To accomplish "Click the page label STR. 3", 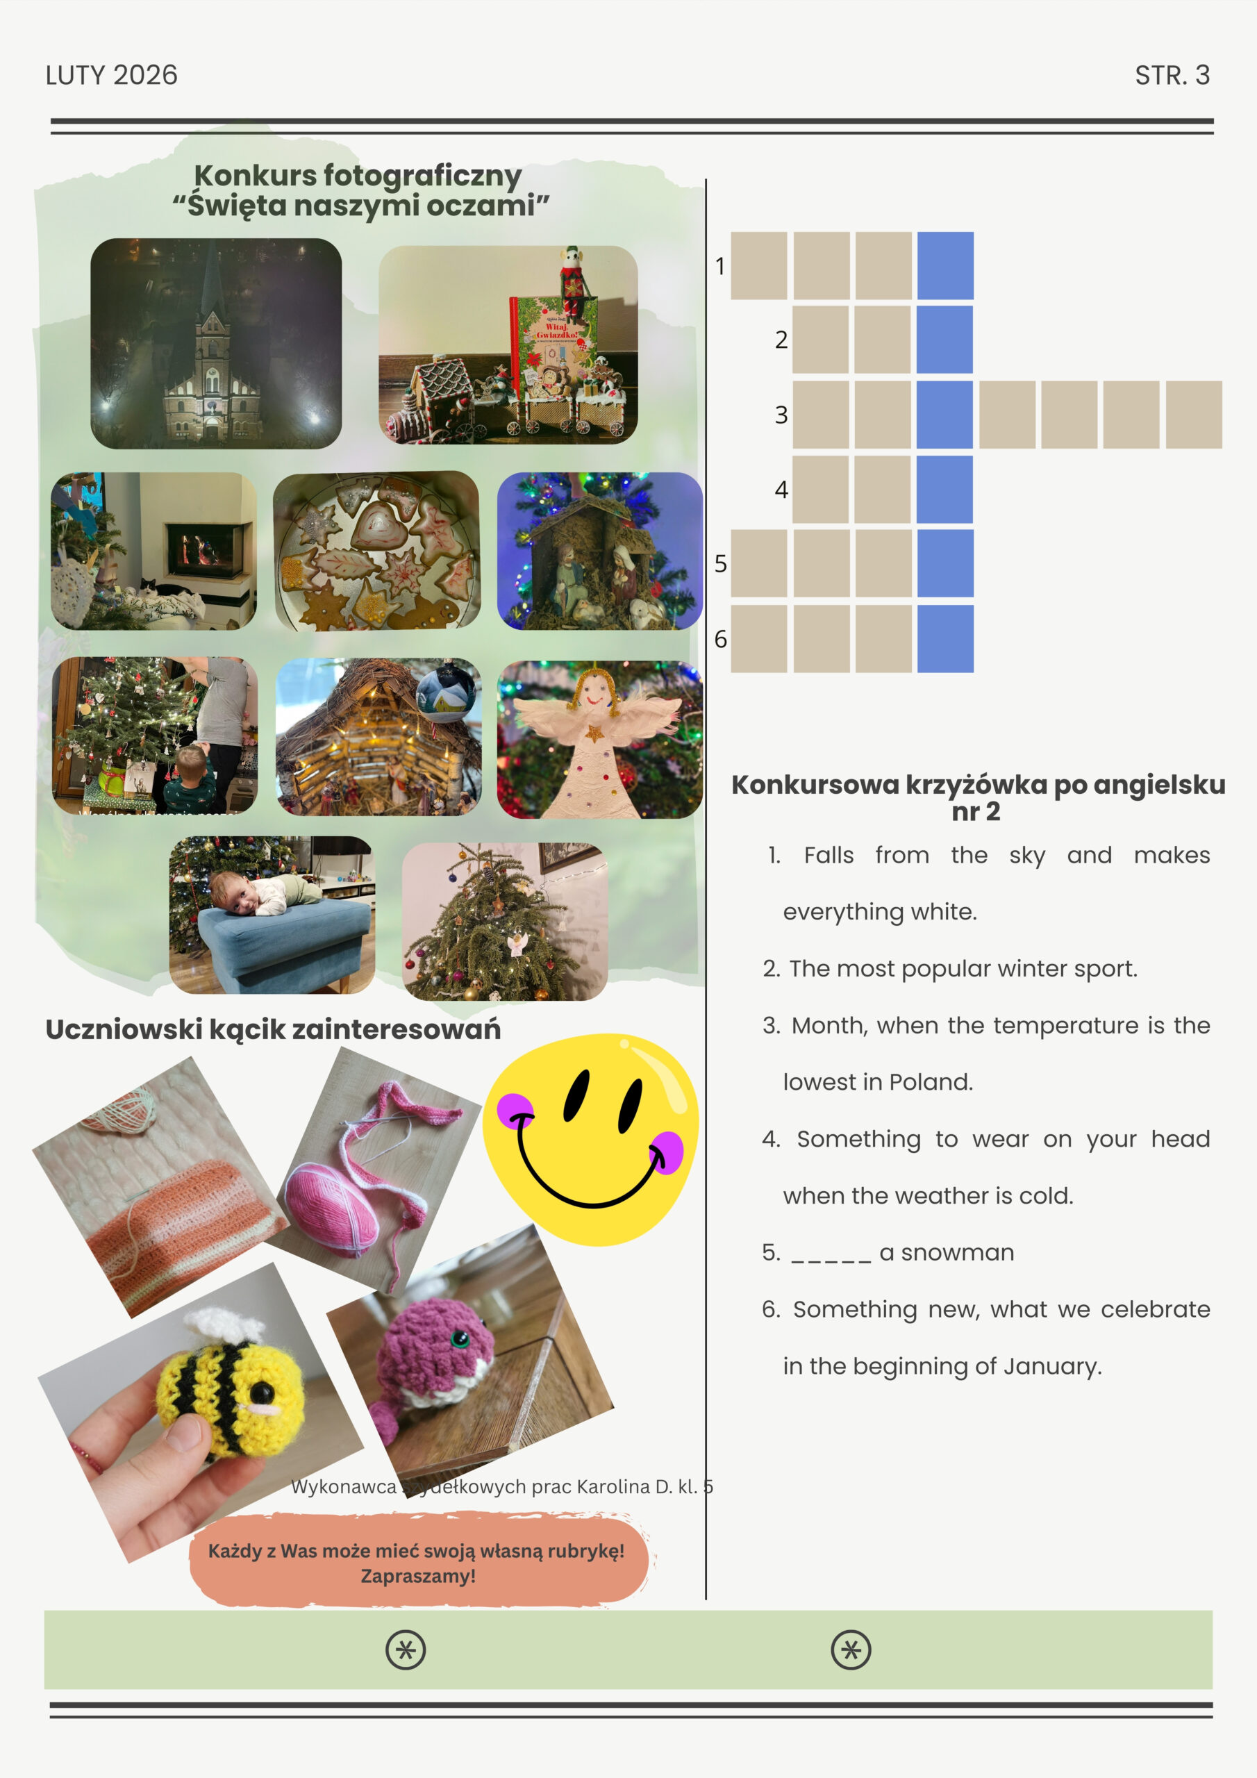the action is pos(1172,75).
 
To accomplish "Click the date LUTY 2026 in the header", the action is pos(112,75).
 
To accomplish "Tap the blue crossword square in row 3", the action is pos(945,415).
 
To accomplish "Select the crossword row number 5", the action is pos(720,564).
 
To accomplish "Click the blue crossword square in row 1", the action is pos(945,265).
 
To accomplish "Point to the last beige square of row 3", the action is pos(1194,415).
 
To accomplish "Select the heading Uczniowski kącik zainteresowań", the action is pos(274,1029).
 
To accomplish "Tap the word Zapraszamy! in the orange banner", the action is pos(418,1576).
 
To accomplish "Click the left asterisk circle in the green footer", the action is pos(406,1650).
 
